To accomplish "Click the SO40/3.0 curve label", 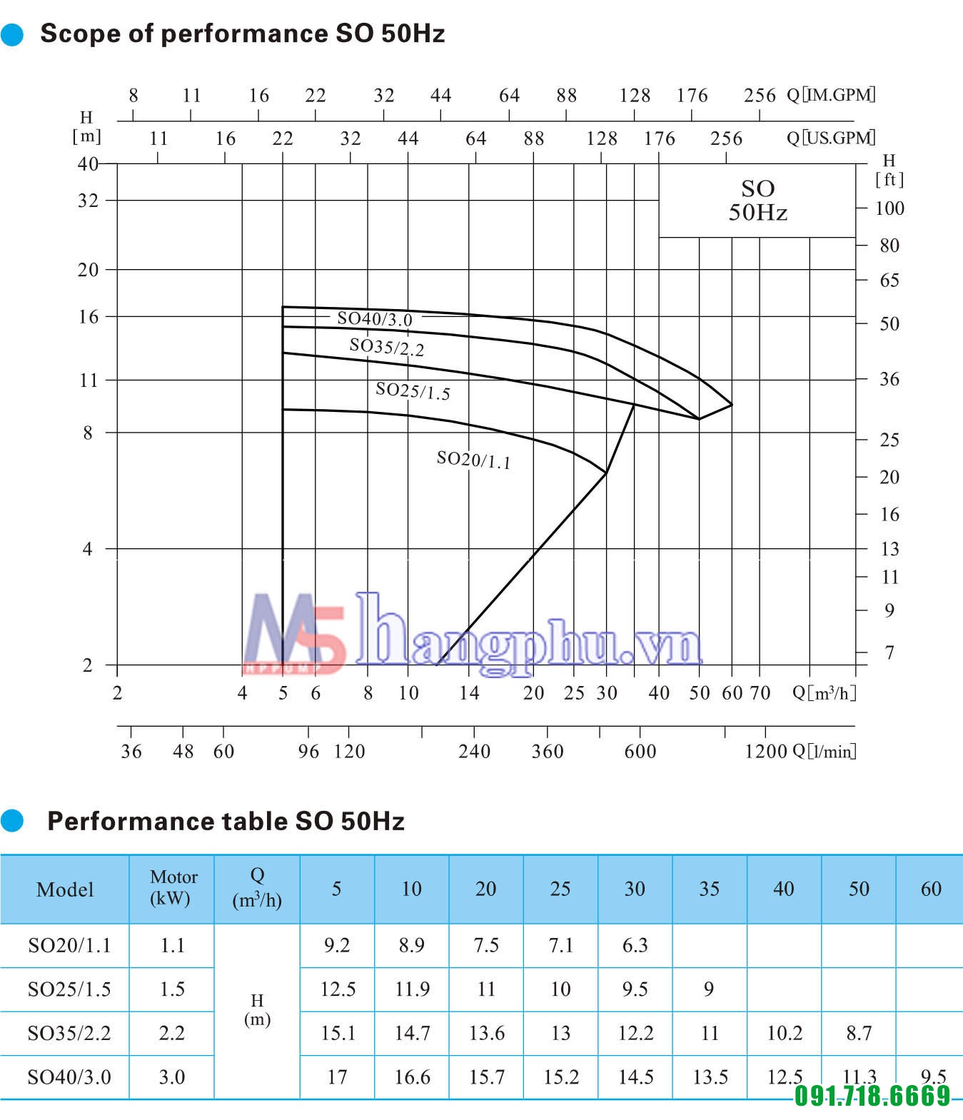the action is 375,318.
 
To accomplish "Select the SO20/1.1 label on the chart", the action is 473,460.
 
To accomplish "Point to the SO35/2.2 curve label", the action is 386,347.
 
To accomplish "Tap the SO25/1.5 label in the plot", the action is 413,390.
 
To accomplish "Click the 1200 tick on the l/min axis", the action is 766,751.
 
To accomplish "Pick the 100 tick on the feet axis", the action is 889,208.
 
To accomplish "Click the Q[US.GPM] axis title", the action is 831,138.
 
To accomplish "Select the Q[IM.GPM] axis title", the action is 831,95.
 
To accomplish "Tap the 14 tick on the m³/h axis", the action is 469,692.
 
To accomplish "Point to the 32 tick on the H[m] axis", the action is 88,201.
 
